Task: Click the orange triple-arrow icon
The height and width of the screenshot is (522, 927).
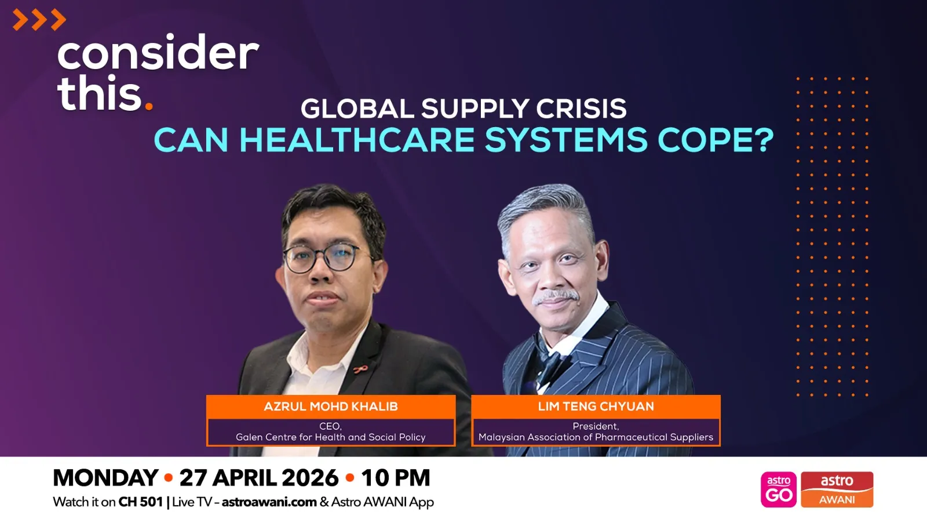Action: (39, 20)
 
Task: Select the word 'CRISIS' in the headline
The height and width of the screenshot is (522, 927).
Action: (581, 108)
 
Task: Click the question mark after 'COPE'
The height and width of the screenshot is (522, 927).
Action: (764, 140)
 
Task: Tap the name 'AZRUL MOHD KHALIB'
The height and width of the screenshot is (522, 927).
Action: (331, 407)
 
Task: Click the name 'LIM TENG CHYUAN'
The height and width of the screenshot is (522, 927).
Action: (596, 407)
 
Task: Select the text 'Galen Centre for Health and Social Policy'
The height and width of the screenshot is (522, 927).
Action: (331, 437)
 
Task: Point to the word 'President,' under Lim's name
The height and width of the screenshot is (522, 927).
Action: (596, 426)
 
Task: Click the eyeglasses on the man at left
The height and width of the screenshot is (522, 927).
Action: (322, 258)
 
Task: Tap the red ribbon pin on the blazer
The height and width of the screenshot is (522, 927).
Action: (360, 369)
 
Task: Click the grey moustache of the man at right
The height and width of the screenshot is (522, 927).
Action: (556, 298)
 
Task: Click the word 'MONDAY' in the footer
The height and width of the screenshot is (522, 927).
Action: (105, 478)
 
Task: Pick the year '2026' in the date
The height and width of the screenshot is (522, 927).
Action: (310, 478)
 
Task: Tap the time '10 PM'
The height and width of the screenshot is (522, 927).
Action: (396, 478)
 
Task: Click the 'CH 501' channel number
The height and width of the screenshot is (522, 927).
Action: (141, 502)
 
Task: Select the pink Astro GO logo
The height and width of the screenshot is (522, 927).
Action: (779, 490)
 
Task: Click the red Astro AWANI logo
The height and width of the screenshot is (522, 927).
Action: (837, 490)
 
